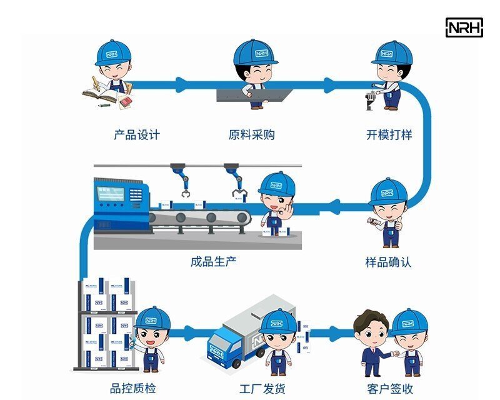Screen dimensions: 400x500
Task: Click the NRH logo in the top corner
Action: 464,27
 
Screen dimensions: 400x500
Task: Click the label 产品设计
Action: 137,134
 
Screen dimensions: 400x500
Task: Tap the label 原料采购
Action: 252,134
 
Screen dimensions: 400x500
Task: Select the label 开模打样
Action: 389,134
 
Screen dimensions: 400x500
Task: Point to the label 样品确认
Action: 389,262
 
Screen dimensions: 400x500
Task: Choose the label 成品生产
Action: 214,262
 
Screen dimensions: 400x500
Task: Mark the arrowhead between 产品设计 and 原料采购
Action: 182,82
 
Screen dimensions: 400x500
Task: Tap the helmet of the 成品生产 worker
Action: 276,184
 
